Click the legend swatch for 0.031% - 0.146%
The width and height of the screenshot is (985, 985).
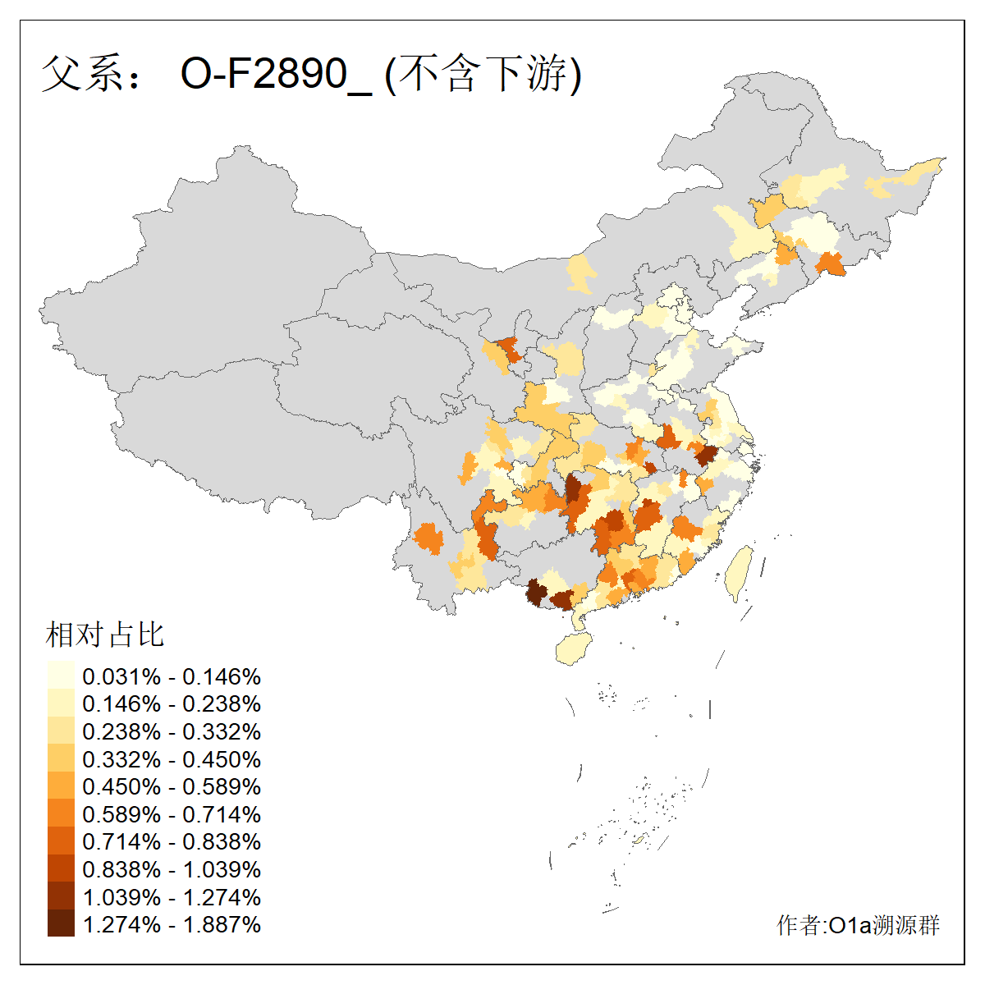(61, 676)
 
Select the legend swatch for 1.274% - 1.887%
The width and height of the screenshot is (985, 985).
(61, 924)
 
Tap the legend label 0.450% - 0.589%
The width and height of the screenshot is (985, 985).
(172, 786)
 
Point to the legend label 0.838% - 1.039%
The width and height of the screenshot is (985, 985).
(172, 869)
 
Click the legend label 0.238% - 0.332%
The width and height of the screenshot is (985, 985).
(172, 731)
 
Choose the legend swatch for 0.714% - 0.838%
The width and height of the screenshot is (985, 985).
(61, 841)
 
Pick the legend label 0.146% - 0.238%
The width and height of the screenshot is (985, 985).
(172, 703)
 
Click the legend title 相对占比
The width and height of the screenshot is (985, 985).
(104, 635)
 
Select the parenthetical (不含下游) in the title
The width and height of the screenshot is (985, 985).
(483, 74)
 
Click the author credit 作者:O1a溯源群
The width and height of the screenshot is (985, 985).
(858, 925)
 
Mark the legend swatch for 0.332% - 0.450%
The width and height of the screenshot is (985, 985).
(61, 759)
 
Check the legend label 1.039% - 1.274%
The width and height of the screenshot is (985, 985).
(172, 897)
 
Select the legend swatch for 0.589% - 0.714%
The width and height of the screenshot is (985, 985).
(61, 814)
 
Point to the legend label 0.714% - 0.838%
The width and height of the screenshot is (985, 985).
(172, 841)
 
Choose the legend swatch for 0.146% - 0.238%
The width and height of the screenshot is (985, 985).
(61, 703)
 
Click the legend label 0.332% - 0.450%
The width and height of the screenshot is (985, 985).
(172, 759)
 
